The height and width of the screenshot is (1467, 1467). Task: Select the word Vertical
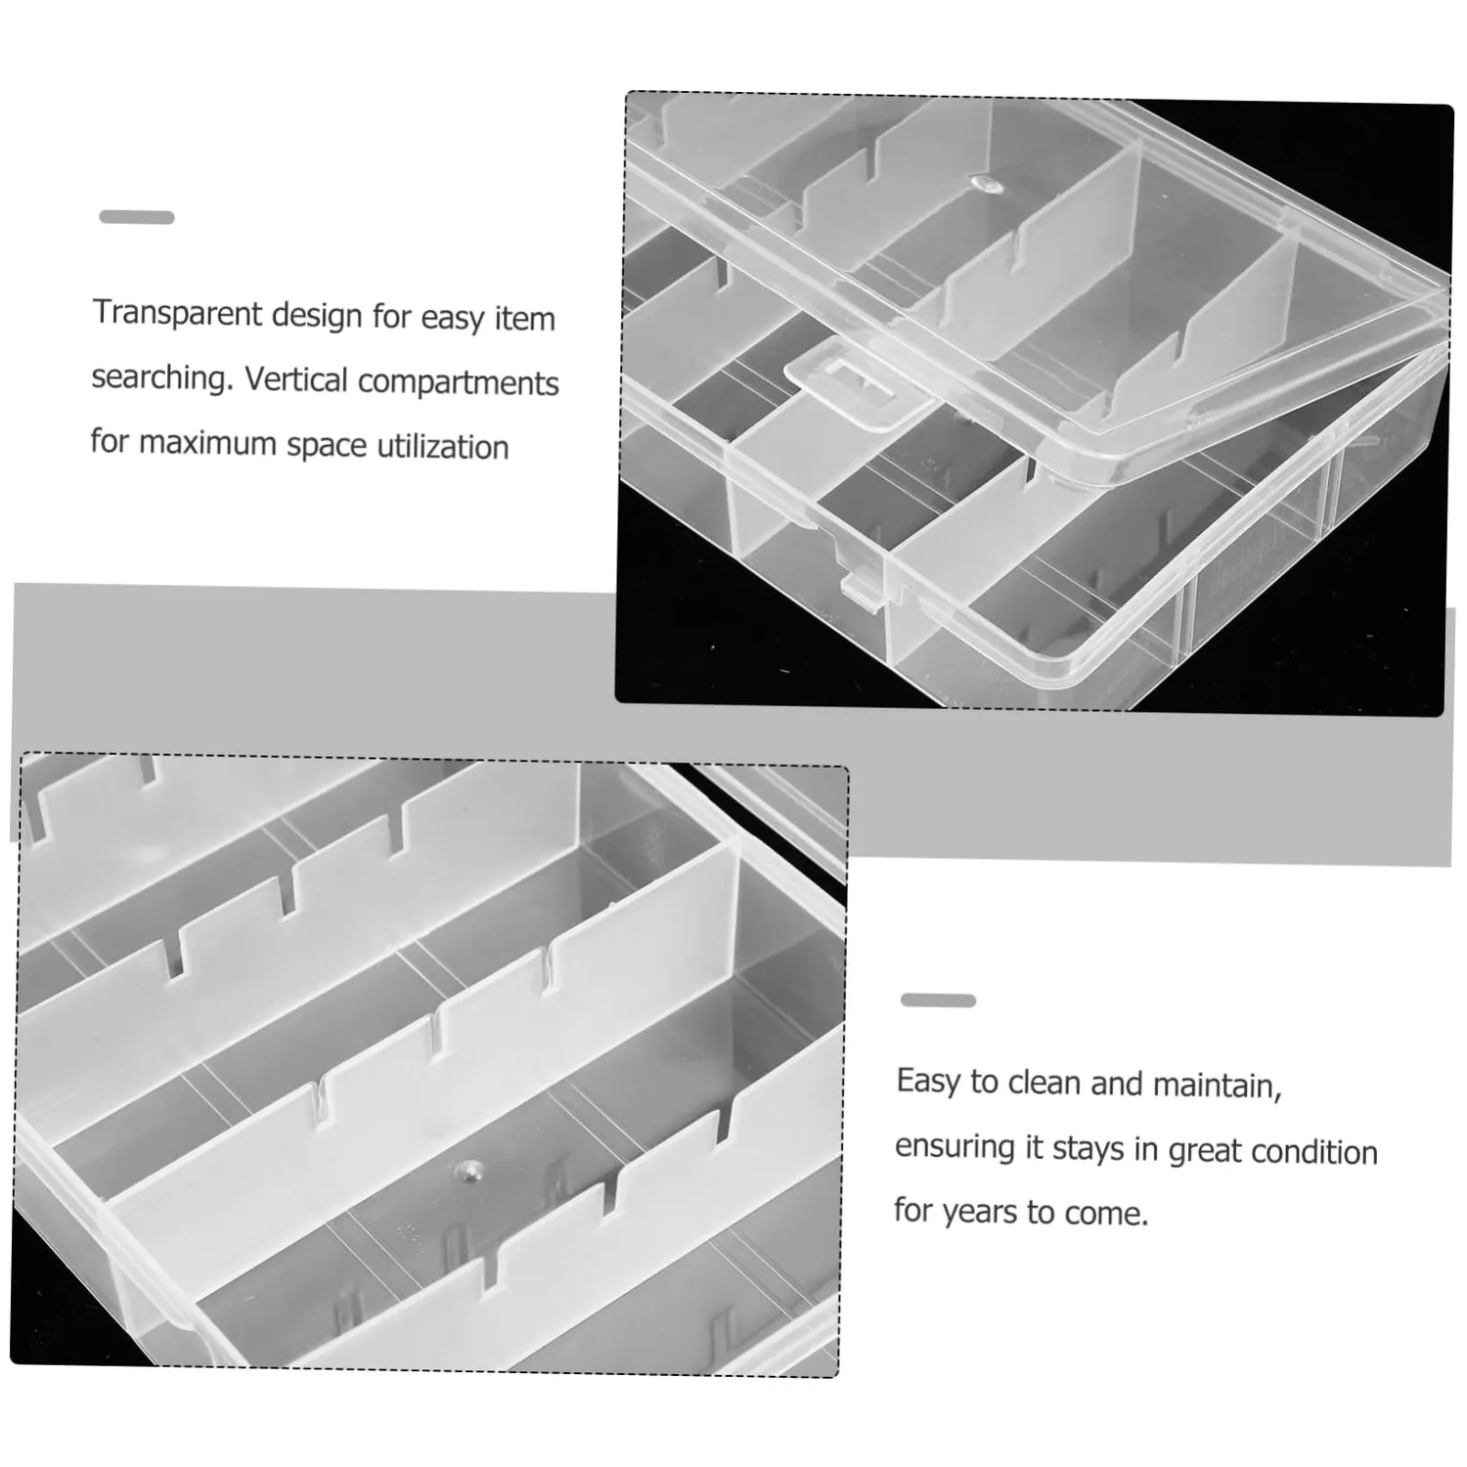pos(296,378)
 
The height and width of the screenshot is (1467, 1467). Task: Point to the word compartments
pos(459,382)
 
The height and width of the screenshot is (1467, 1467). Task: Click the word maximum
pos(207,443)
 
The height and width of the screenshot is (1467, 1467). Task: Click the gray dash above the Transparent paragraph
pos(137,217)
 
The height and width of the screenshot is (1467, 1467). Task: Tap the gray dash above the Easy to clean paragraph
pos(938,1000)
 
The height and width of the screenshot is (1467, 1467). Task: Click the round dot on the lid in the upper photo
pos(982,184)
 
